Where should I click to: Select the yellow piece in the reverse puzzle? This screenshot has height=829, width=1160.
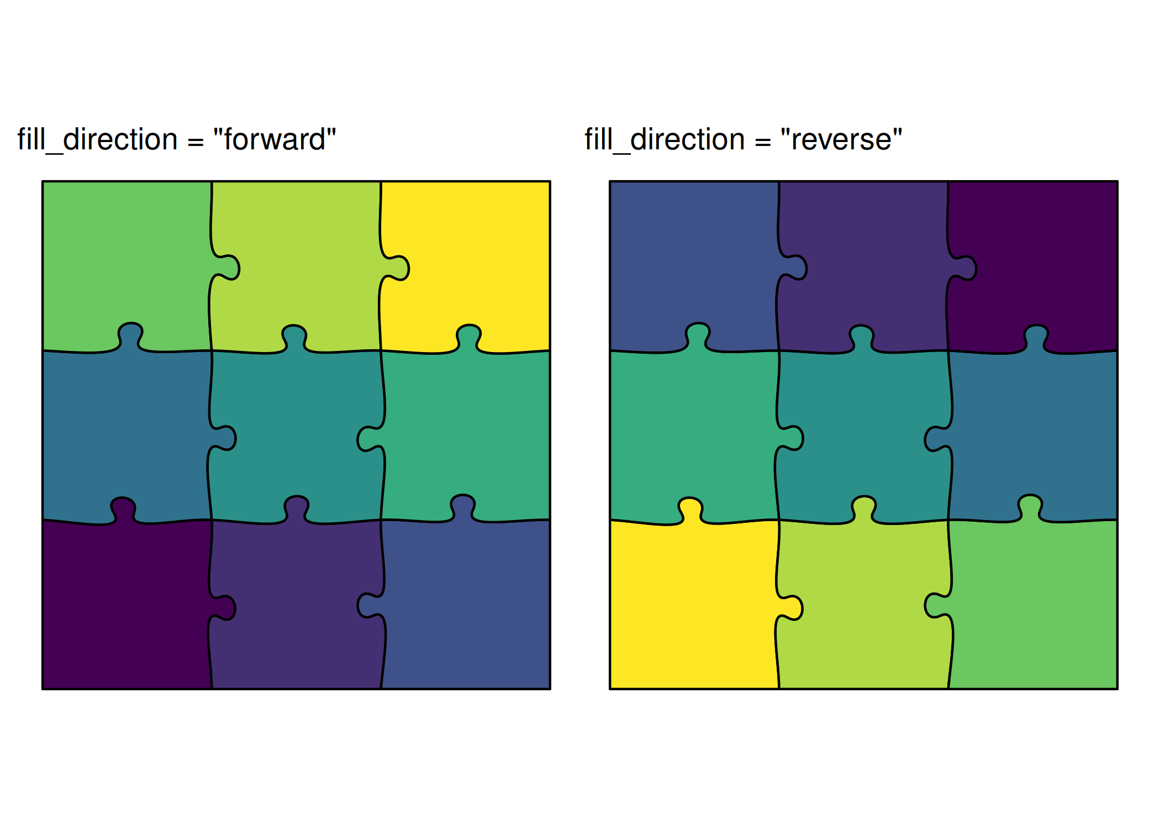pos(693,608)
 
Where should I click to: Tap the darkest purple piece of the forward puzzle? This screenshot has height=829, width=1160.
pos(124,608)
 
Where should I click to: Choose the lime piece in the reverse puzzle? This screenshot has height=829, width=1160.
pos(862,608)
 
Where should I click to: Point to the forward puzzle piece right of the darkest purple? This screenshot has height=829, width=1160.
pos(296,608)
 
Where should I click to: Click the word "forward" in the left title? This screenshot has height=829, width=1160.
pos(275,139)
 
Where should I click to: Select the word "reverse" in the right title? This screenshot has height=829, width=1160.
pos(841,139)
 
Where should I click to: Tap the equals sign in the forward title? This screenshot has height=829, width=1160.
pos(196,141)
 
